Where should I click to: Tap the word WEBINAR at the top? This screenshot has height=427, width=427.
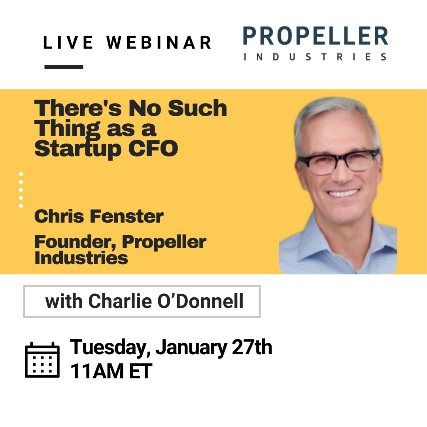point(159,43)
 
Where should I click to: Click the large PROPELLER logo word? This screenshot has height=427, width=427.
point(316,37)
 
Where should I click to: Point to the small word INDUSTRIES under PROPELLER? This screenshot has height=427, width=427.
point(316,57)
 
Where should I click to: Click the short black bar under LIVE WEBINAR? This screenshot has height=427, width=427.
point(64,67)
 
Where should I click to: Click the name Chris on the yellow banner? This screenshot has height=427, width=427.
point(59,216)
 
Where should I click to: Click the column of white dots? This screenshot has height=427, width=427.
point(21,190)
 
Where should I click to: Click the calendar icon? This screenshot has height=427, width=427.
point(42,360)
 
